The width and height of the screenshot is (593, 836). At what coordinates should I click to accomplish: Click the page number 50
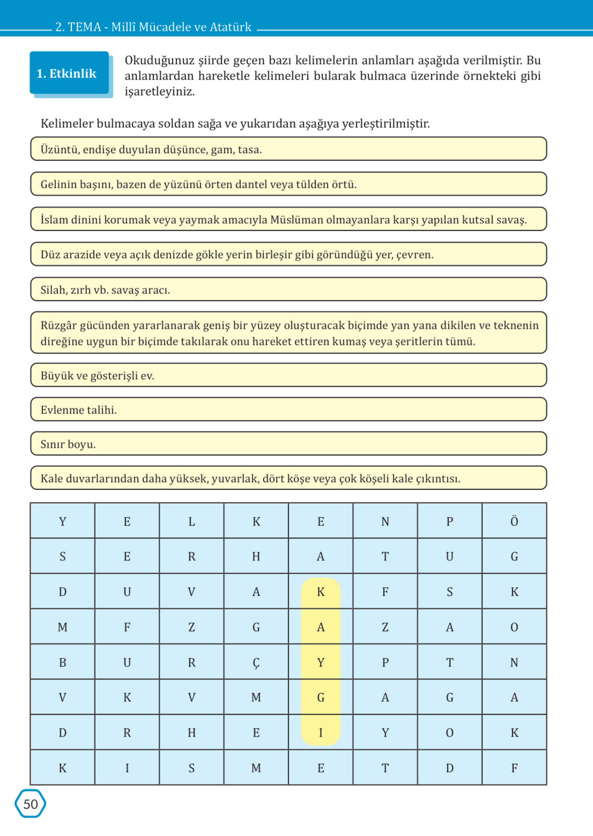[x=30, y=804]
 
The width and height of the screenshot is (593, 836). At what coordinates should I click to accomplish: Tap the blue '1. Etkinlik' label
[x=66, y=73]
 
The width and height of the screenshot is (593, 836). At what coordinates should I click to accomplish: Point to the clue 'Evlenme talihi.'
[x=79, y=410]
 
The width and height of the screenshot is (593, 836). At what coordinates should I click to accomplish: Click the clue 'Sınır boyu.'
[x=68, y=444]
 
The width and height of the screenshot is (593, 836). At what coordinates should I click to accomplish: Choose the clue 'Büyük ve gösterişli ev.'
[x=98, y=375]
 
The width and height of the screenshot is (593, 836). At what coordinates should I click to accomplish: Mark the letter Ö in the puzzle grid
[x=514, y=522]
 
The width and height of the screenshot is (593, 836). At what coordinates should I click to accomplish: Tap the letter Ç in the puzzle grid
[x=256, y=663]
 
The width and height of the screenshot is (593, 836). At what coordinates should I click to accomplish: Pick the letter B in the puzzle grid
[x=63, y=663]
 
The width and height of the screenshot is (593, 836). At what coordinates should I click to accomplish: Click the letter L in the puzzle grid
[x=192, y=522]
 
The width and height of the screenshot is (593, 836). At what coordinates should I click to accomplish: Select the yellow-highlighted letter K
[x=321, y=592]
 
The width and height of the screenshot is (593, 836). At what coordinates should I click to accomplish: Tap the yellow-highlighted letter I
[x=321, y=733]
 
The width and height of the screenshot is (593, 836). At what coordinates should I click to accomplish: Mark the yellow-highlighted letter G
[x=321, y=698]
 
